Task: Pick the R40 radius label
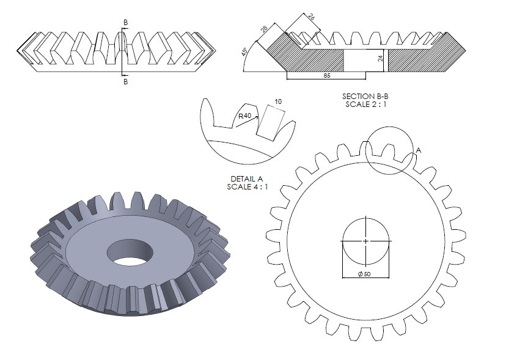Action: pyautogui.click(x=245, y=116)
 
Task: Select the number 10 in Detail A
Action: pyautogui.click(x=278, y=101)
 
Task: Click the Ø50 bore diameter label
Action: pyautogui.click(x=365, y=274)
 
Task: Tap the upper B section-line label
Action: pyautogui.click(x=125, y=23)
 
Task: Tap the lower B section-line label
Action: pyautogui.click(x=125, y=81)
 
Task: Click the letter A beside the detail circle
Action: pyautogui.click(x=418, y=149)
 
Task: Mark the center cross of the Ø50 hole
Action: pyautogui.click(x=365, y=241)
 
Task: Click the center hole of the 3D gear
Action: pyautogui.click(x=129, y=251)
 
